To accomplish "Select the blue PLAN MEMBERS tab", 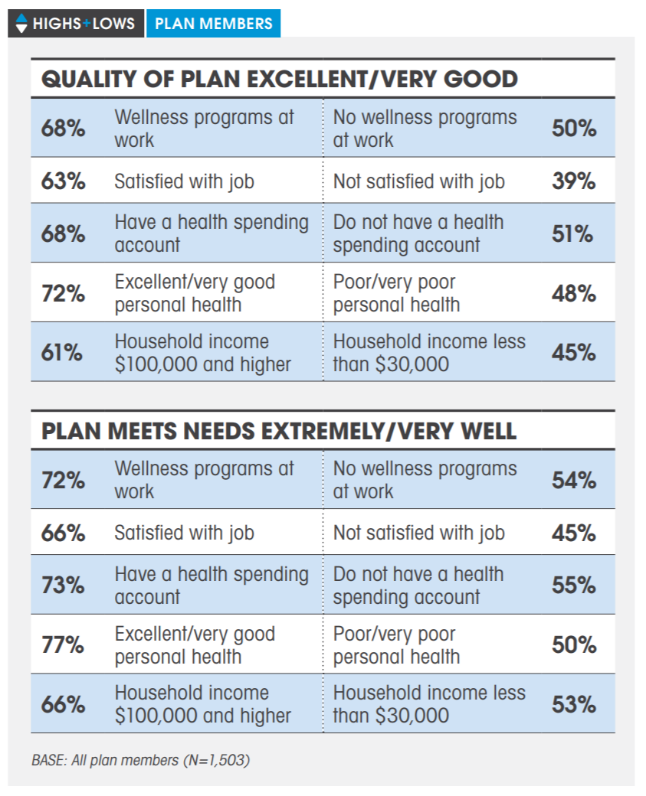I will click(x=213, y=23).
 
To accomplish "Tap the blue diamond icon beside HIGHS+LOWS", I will click(x=21, y=23).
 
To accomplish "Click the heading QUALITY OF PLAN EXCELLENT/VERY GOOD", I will click(x=279, y=79).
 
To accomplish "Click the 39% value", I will click(x=574, y=181).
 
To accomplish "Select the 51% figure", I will click(x=574, y=233).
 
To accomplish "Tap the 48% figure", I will click(x=574, y=293).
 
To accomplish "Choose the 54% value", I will click(x=574, y=480).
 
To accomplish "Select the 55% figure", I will click(x=574, y=586).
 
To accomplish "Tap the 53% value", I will click(x=574, y=704).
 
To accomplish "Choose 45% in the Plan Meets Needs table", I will click(x=574, y=533).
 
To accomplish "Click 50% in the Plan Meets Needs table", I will click(x=574, y=645).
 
